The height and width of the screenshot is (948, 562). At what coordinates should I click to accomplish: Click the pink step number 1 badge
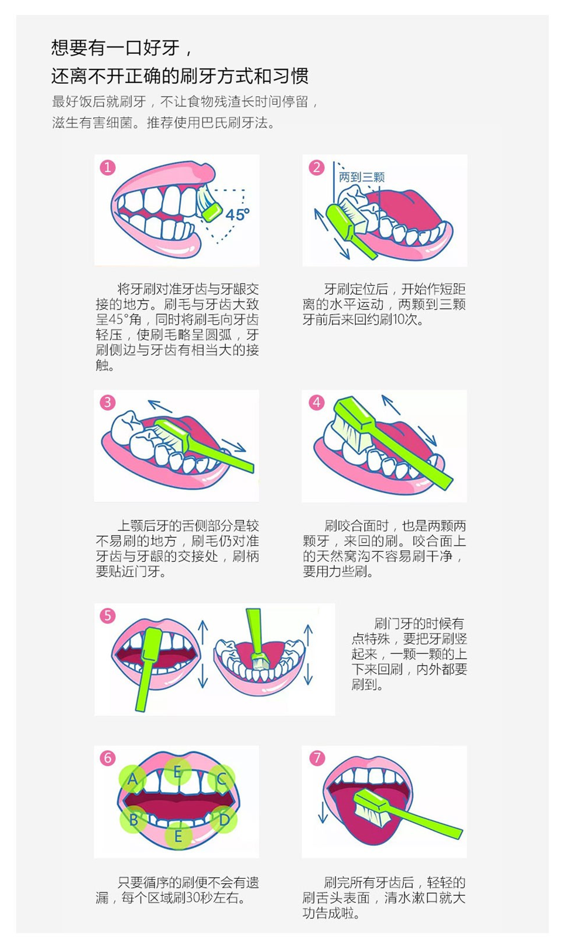[x=108, y=168]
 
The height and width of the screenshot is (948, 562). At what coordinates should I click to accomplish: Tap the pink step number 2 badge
[x=316, y=168]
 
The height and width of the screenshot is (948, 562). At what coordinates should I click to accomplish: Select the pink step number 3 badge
[x=108, y=403]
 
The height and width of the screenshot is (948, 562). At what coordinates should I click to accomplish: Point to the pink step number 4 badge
[x=316, y=403]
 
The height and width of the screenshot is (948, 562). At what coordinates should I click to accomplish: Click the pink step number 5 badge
[x=108, y=616]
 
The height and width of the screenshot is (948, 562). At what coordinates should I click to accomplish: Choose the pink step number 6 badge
[x=108, y=758]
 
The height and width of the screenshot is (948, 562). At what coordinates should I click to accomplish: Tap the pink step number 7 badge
[x=316, y=758]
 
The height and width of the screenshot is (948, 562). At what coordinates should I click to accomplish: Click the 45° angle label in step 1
[x=237, y=214]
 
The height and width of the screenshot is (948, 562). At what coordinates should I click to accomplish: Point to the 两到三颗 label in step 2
[x=362, y=177]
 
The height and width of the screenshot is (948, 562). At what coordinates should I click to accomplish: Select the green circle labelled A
[x=133, y=779]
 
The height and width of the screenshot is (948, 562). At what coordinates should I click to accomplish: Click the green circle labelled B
[x=133, y=819]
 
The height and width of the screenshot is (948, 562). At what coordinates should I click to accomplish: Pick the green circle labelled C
[x=222, y=779]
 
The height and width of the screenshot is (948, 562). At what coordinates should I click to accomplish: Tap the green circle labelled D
[x=224, y=819]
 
